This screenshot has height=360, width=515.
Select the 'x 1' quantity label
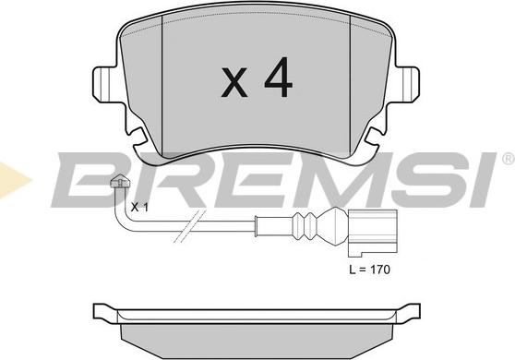[x=139, y=207]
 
